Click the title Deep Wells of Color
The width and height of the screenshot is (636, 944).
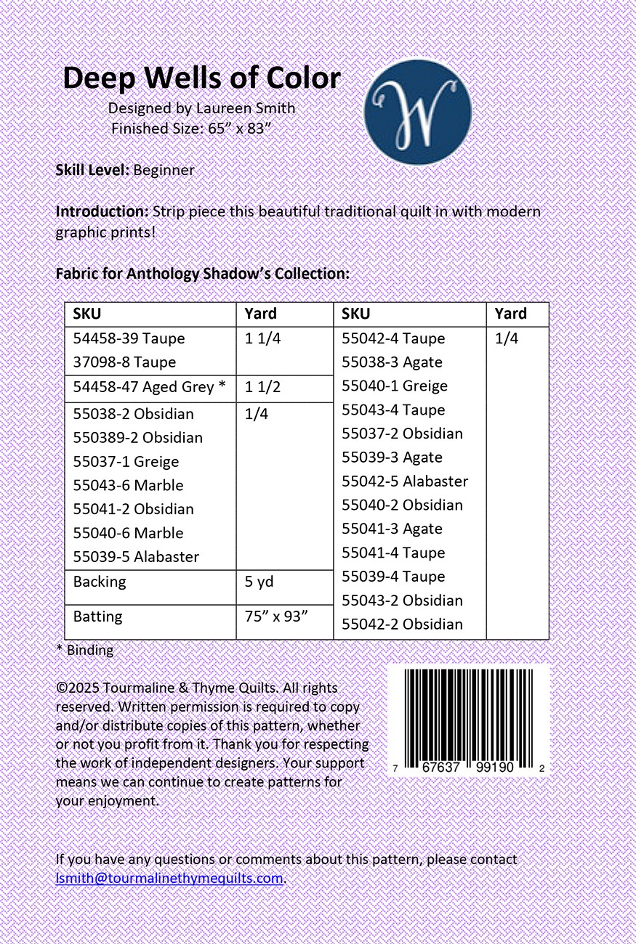(201, 78)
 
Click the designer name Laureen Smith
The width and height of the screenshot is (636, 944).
(246, 108)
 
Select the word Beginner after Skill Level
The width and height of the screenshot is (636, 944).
(164, 170)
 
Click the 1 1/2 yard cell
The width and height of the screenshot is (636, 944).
(262, 387)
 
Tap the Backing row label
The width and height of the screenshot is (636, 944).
(100, 582)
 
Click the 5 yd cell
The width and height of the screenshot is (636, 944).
(259, 582)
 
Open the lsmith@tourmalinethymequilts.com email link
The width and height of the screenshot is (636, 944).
(169, 878)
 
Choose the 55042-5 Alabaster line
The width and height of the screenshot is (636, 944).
(405, 481)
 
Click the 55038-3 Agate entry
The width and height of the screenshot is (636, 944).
(392, 362)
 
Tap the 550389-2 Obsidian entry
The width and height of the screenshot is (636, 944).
(138, 438)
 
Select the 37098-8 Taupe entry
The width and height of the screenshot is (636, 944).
(124, 362)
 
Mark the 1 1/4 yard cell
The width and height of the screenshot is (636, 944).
(262, 338)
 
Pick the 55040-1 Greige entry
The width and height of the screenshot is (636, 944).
(395, 386)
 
